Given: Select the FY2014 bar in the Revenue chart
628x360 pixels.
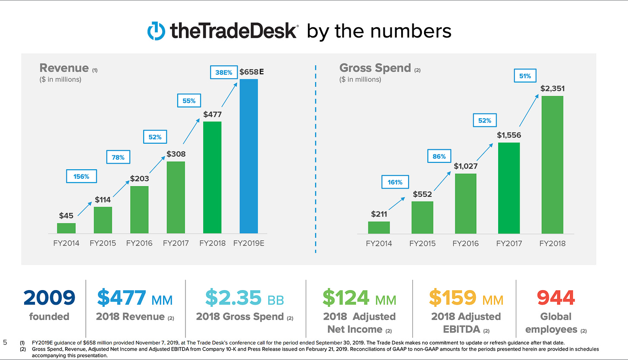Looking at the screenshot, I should pos(66,228).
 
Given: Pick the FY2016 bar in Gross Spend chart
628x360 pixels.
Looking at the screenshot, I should pos(465,204).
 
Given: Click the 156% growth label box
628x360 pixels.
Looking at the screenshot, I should pos(81,176).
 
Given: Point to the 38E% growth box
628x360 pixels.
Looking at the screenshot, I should pos(224,73).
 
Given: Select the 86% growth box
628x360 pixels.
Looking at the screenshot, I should pos(439,156).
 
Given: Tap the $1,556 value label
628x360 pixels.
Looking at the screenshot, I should pos(509,135).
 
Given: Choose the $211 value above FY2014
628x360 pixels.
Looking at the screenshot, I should pos(379,214).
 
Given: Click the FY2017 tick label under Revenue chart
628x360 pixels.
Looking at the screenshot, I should pos(176,243).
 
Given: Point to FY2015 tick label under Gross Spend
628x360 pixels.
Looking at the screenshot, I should pos(422,243).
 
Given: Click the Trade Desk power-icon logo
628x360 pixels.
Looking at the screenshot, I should pos(156,31).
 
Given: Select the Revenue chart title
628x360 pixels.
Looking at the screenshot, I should pos(64,68).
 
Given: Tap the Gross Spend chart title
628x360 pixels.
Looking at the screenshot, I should pos(375,68).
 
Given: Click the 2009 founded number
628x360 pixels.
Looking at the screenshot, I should pos(49,298).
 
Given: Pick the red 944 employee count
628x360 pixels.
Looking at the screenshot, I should pos(556,298).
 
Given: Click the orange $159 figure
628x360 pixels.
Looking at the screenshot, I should pos(452,298).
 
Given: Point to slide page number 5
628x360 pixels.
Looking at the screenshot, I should pos(5,343).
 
